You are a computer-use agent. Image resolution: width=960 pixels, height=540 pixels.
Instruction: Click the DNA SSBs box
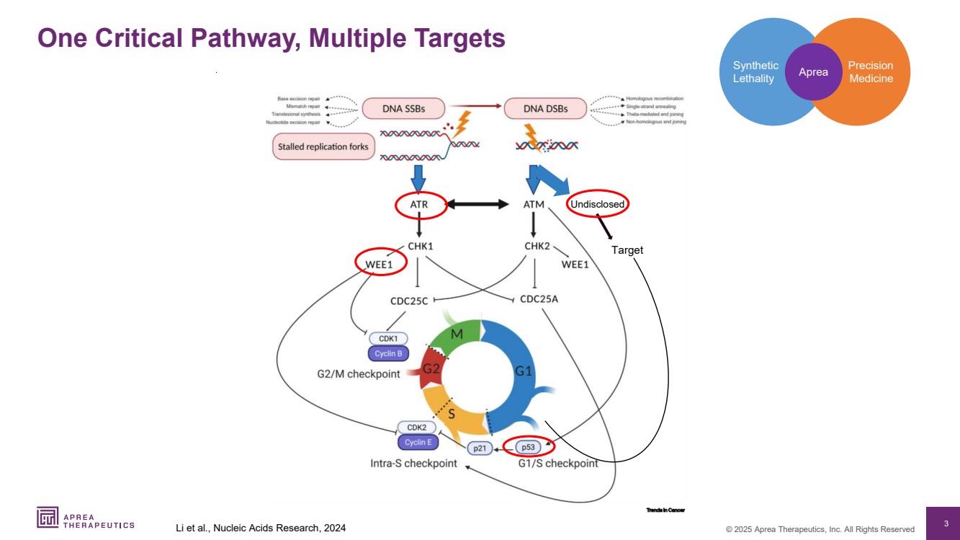(403, 109)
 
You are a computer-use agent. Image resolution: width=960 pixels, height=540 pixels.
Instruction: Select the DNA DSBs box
(545, 109)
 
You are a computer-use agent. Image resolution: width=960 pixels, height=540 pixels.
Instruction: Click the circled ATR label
(419, 205)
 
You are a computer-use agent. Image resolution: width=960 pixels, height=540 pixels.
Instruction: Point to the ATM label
(534, 205)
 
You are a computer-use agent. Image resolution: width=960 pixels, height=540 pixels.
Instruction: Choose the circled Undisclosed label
(597, 205)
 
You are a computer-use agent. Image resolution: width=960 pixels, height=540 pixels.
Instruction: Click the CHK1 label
(420, 246)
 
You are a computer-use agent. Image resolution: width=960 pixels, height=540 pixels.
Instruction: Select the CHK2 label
(537, 246)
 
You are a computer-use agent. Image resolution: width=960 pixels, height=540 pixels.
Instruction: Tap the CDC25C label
(410, 299)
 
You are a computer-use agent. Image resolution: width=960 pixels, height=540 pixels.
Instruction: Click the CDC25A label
(539, 299)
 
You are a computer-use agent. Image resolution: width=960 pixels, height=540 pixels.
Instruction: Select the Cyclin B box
(389, 353)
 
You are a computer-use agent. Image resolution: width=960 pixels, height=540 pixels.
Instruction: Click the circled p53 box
(528, 446)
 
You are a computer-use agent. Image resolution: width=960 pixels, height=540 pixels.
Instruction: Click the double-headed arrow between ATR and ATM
(477, 205)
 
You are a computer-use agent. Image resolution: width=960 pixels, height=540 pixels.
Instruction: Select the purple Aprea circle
(813, 71)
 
